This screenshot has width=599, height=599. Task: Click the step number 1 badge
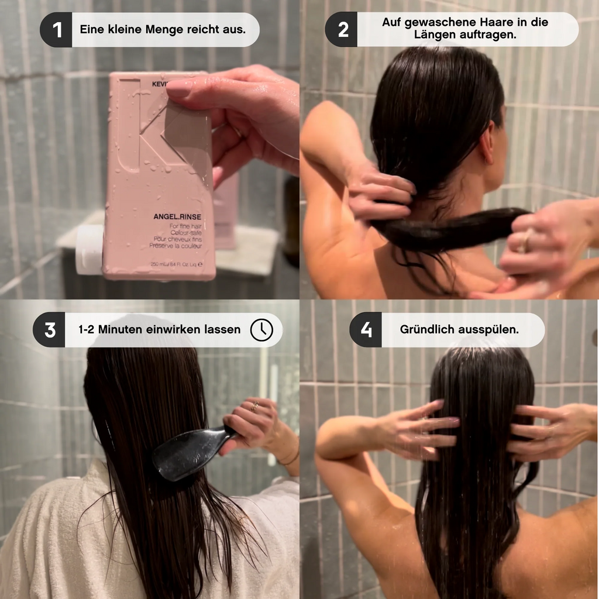coord(57,30)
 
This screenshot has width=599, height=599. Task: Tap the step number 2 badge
coord(343,30)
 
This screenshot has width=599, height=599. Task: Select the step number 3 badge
coord(49,330)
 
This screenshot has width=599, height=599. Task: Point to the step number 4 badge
coord(366,329)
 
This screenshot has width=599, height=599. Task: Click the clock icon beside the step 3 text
coord(261,330)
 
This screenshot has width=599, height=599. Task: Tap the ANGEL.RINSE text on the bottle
coord(177,216)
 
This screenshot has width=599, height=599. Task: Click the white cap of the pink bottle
coord(89,250)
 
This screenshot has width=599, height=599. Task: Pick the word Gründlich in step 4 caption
coord(428,329)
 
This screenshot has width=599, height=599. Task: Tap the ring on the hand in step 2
coord(528,240)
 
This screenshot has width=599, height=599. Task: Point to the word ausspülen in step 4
coord(490,329)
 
